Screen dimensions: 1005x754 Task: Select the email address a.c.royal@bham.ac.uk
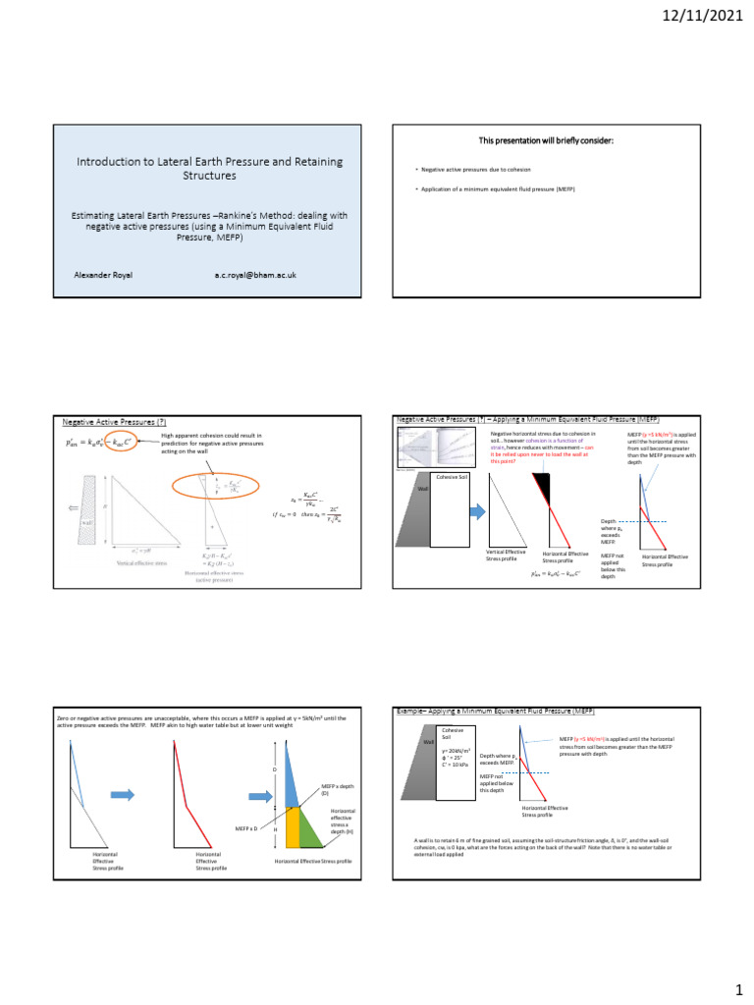(262, 276)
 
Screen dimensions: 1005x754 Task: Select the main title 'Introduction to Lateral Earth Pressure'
(211, 169)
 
